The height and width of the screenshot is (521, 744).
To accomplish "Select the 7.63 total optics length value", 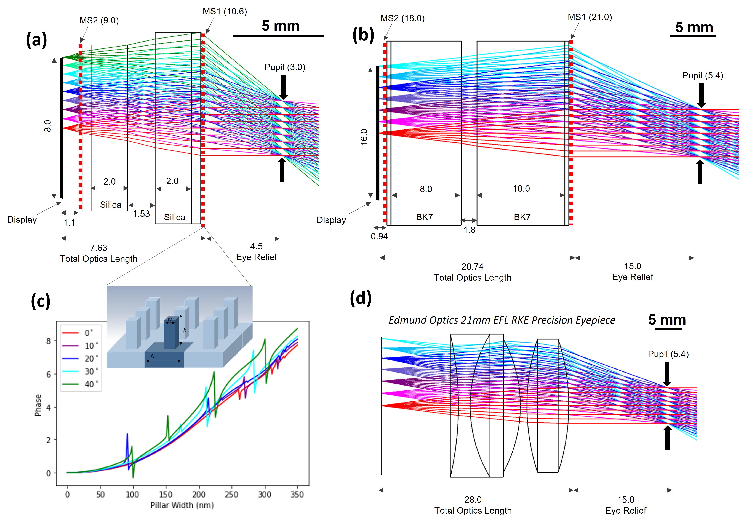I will click(x=98, y=248).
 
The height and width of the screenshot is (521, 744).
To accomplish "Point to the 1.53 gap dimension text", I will click(x=142, y=214).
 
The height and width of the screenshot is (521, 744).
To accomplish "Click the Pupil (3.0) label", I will click(x=285, y=67).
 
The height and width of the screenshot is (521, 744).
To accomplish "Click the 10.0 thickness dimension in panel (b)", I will click(x=521, y=189).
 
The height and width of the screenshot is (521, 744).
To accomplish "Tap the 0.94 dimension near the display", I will click(x=379, y=237).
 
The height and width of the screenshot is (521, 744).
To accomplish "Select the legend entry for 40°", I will click(x=81, y=384).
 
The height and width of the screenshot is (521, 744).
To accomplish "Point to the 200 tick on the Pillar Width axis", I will click(x=199, y=495).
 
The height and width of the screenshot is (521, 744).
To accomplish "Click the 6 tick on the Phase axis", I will click(x=49, y=374).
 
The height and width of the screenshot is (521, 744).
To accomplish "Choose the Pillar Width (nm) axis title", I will click(x=182, y=505).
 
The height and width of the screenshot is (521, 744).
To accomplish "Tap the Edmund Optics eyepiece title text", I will click(x=502, y=320).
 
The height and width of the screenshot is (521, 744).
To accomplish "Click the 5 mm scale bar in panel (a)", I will click(x=278, y=36).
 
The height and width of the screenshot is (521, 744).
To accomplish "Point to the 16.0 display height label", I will click(x=364, y=137).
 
